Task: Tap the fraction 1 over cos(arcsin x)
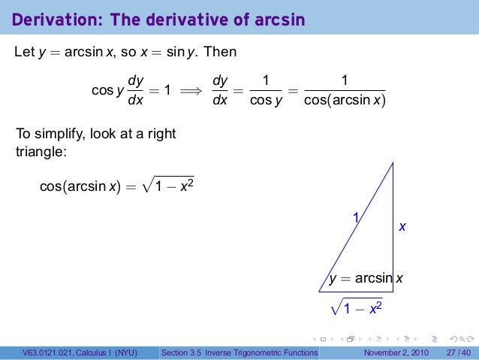344,91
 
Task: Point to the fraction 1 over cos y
262,91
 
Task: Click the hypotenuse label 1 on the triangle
357,217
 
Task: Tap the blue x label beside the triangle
402,225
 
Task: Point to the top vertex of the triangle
393,162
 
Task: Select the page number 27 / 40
458,352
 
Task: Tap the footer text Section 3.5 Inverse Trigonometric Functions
240,352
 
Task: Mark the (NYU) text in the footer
136,352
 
